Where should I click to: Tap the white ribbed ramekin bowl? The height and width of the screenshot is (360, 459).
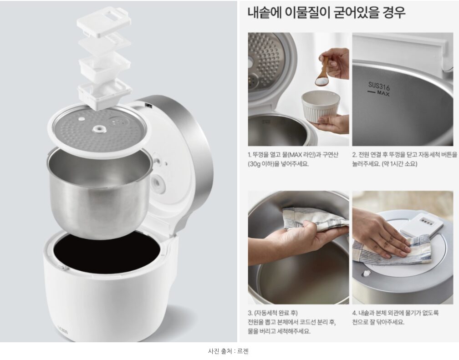(320, 106)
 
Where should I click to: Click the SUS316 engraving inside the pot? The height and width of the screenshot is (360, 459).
(379, 86)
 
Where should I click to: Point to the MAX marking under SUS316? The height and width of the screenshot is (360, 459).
(383, 93)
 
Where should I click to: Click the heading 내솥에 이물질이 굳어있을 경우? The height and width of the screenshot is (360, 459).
(326, 13)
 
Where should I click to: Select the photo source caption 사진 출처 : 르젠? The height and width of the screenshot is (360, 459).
(228, 351)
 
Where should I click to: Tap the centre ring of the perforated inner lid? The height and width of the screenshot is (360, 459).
(99, 129)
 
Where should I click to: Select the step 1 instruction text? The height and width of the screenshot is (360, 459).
(293, 159)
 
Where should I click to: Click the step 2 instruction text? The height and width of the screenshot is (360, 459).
(404, 159)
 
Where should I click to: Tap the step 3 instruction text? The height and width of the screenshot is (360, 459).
(291, 322)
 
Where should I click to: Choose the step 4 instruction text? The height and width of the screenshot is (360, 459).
(395, 318)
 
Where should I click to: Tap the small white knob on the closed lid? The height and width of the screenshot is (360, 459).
(365, 274)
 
